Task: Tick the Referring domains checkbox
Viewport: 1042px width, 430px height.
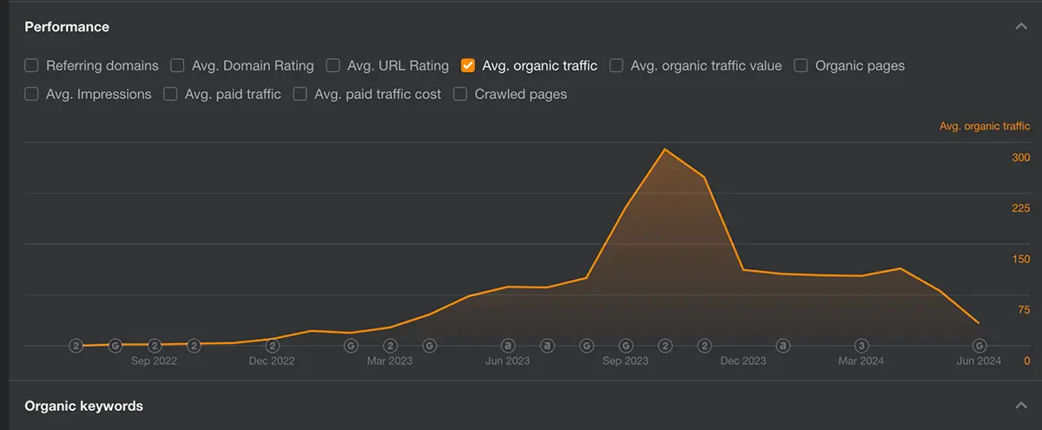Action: click(32, 65)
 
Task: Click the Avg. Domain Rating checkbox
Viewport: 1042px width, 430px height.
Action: click(177, 65)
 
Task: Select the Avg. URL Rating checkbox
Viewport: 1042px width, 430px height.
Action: click(333, 65)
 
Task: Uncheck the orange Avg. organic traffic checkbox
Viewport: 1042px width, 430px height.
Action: click(468, 65)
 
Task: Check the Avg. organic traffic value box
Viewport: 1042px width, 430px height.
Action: click(617, 65)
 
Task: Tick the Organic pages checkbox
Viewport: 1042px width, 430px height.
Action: click(801, 65)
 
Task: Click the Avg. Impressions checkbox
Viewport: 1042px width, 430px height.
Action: click(32, 94)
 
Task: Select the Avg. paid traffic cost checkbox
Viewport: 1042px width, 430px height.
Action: click(300, 94)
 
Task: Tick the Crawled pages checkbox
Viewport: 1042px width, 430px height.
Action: click(460, 94)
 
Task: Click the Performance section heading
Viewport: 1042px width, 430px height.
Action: click(67, 27)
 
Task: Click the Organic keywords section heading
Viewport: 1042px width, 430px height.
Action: click(84, 406)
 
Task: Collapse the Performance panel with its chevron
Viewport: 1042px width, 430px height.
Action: click(1021, 27)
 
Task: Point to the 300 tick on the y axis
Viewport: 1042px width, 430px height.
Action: click(1020, 157)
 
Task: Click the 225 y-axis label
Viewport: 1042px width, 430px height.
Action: click(1020, 208)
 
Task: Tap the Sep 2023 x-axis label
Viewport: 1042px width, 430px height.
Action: click(625, 361)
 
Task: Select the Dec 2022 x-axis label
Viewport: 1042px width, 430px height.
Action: click(272, 361)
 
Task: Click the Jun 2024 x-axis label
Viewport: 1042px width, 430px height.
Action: click(979, 361)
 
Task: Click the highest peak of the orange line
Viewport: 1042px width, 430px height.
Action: click(665, 149)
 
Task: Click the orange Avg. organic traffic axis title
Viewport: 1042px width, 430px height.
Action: click(985, 126)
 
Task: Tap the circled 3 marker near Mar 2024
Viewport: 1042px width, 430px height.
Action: click(861, 345)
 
